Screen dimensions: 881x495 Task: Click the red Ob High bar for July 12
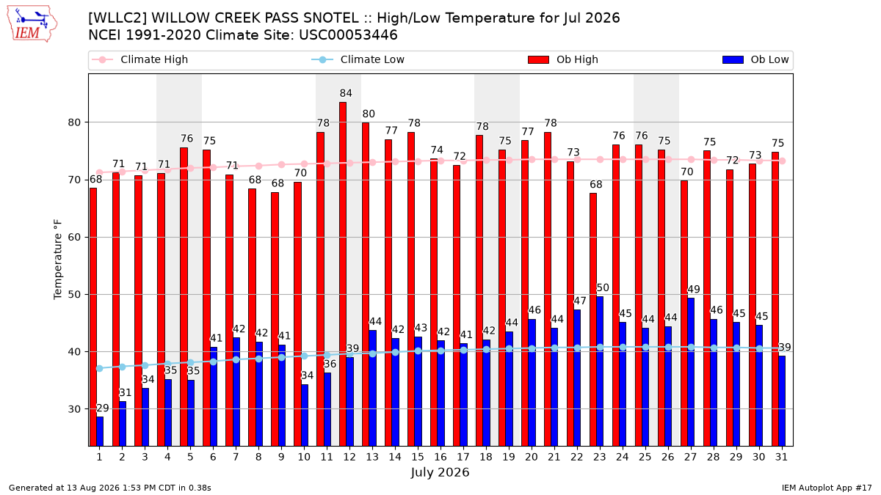point(343,274)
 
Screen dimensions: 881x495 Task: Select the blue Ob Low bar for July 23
point(600,371)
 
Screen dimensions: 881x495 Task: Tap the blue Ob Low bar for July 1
point(100,431)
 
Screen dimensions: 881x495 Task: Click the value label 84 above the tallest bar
point(346,94)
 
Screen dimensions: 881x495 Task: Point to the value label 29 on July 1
point(103,408)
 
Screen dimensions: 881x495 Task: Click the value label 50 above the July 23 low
point(603,288)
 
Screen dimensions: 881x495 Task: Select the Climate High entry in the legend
point(139,59)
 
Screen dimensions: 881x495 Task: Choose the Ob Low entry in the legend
point(755,59)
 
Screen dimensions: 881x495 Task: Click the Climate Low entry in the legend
point(358,59)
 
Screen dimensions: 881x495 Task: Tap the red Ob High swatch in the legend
point(538,59)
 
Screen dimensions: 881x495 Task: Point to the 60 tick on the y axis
point(74,238)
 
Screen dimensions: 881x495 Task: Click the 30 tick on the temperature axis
point(74,409)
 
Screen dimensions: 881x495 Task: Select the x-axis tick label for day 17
point(463,457)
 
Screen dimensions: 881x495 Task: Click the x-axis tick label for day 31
point(781,457)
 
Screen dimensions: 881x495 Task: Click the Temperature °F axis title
point(58,260)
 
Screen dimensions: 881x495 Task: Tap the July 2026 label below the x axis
point(440,472)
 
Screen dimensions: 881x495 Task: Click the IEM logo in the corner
point(32,24)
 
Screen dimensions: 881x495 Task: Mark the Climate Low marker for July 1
point(100,368)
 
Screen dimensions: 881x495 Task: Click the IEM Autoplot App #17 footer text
point(827,488)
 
